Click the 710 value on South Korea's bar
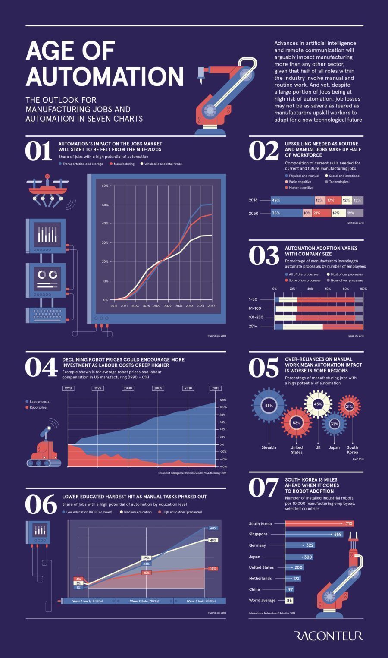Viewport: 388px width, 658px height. pos(349,523)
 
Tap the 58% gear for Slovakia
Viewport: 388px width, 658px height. pos(269,406)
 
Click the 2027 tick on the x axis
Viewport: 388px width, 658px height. pos(157,306)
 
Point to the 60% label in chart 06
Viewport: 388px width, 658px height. pos(213,528)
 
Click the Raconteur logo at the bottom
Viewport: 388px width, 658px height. pos(329,636)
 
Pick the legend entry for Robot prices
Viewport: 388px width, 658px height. pos(38,407)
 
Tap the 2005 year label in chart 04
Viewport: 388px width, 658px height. pos(158,388)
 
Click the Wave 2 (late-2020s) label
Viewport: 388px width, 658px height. pos(144,601)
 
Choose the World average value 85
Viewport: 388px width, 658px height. pos(289,600)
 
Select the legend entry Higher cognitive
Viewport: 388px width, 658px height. pos(301,188)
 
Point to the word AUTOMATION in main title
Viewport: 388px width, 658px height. pos(105,76)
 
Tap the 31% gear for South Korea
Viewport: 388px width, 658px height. pos(349,406)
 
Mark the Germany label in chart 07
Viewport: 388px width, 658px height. pos(257,545)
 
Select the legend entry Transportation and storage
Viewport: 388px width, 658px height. pos(82,164)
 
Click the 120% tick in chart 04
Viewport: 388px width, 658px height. pos(223,400)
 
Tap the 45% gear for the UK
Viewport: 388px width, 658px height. pos(318,404)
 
